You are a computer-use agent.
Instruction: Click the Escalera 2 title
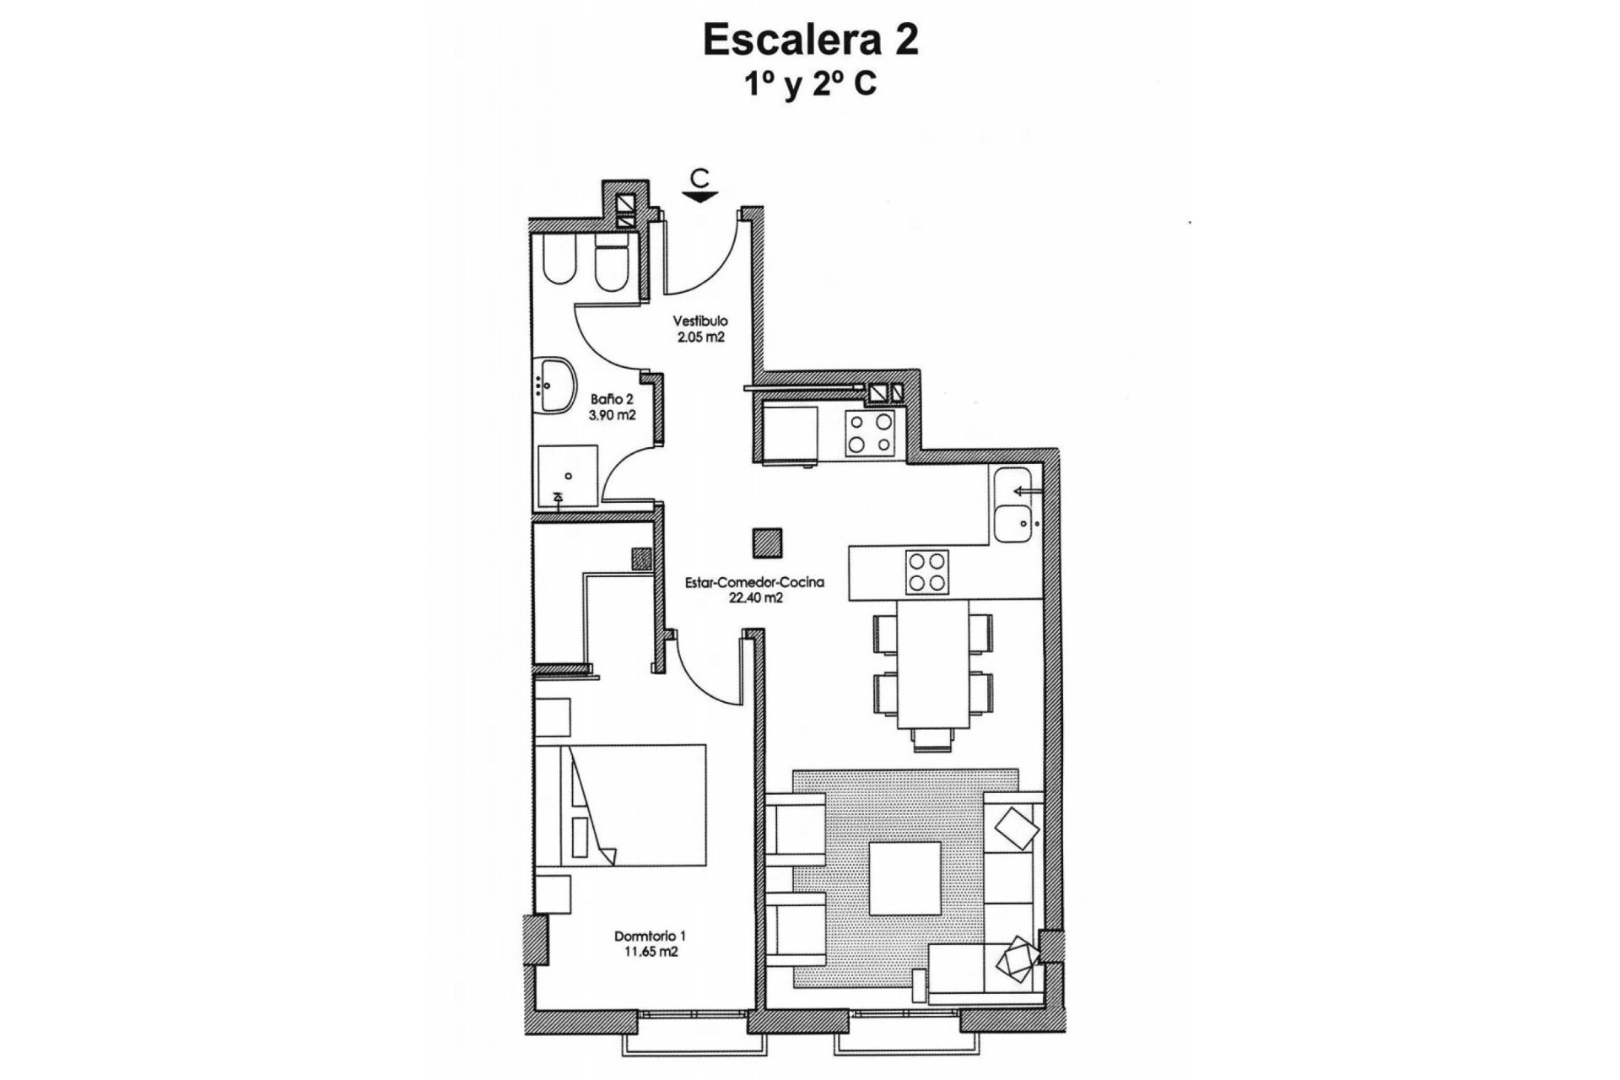810,41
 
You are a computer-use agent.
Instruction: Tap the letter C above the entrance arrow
699,178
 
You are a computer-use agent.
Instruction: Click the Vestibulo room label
700,321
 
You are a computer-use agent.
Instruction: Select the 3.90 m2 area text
613,415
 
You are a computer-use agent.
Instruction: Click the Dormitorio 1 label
650,936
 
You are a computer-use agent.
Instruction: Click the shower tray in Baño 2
568,477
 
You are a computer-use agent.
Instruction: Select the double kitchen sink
1012,504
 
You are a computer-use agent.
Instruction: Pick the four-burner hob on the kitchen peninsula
927,572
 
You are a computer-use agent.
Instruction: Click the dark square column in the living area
767,543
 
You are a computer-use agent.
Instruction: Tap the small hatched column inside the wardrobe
641,559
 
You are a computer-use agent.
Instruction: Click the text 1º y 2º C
810,85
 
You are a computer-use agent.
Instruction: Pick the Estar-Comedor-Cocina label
755,582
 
